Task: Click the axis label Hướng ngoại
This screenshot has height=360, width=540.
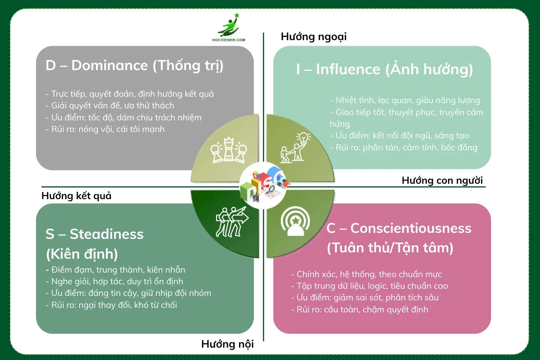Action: click(313, 37)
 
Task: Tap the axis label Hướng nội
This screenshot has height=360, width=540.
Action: click(227, 344)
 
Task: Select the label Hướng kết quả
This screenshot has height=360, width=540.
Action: click(76, 196)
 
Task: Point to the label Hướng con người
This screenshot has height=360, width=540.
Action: click(442, 180)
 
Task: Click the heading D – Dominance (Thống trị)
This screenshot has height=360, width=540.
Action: click(134, 66)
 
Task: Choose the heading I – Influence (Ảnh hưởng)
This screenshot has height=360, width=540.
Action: click(384, 69)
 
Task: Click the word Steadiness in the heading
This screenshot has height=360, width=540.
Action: click(106, 234)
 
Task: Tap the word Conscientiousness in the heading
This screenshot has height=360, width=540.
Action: click(411, 228)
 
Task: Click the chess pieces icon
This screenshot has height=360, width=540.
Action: click(228, 150)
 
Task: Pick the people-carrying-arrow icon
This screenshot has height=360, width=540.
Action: click(232, 221)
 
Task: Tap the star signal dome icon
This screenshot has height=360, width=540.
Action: click(295, 221)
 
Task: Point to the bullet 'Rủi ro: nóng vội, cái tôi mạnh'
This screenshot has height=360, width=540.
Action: click(105, 129)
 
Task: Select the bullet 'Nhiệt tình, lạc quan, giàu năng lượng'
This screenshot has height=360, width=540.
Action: click(405, 100)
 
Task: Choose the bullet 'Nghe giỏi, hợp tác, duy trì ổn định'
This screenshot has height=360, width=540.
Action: click(114, 282)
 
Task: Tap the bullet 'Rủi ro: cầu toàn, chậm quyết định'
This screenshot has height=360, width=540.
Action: click(360, 310)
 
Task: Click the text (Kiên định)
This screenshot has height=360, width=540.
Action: click(82, 254)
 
